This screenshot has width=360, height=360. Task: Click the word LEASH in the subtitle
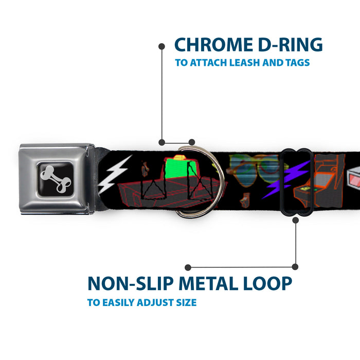click(x=259, y=63)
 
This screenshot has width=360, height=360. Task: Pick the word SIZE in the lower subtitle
click(x=184, y=302)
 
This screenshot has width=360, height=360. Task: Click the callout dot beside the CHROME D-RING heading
click(x=161, y=46)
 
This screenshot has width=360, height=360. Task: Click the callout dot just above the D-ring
click(x=192, y=141)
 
